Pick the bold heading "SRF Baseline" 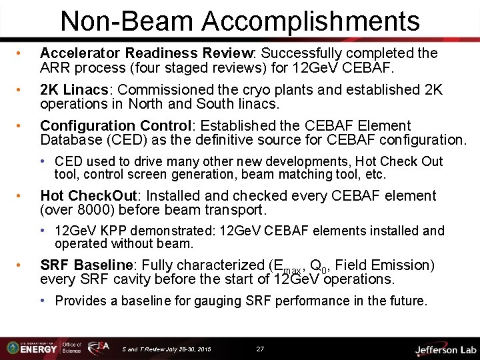pyautogui.click(x=85, y=265)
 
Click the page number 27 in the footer pyautogui.click(x=260, y=349)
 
